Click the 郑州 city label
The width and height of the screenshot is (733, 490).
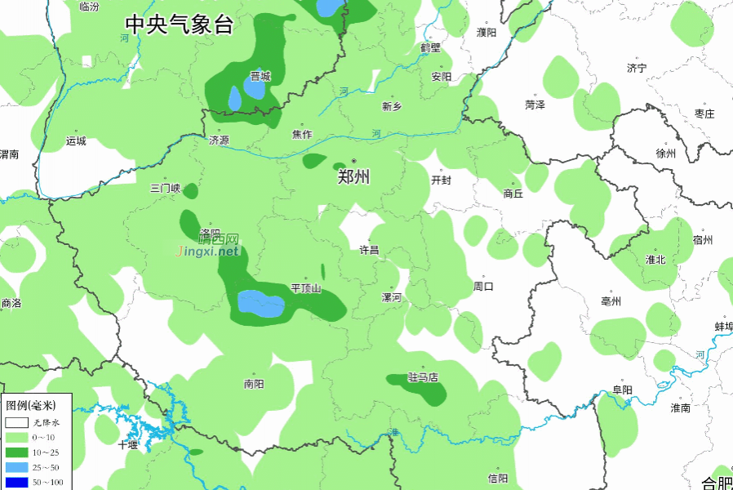[x=354, y=176]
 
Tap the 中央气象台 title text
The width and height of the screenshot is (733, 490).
[x=179, y=24]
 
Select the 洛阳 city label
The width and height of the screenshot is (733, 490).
[x=210, y=233]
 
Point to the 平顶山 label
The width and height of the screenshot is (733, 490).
[x=306, y=288]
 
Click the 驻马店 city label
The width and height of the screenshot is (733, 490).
[x=423, y=377]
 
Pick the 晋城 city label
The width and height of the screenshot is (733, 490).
[x=260, y=77]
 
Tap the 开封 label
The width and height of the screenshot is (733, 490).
[x=441, y=180]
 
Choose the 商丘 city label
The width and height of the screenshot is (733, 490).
[x=513, y=194]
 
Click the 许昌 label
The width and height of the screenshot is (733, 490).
[x=370, y=250]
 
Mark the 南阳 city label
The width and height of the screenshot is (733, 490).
[x=254, y=384]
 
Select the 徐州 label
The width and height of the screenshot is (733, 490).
[x=666, y=154]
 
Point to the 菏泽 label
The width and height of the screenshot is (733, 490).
[x=535, y=105]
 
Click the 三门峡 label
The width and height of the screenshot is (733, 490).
[x=165, y=189]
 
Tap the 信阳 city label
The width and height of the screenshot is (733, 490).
[x=498, y=478]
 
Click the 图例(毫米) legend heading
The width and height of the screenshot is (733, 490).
[x=30, y=405]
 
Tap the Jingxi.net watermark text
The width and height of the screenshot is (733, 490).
[x=208, y=251]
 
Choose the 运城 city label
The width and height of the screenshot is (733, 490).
[x=76, y=140]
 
